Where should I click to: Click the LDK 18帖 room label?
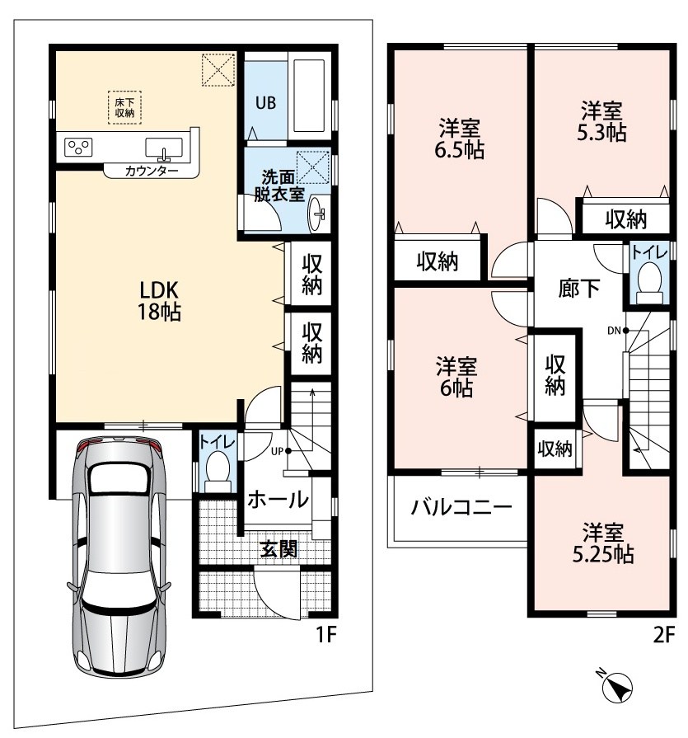(x=159, y=301)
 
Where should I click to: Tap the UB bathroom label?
(x=265, y=102)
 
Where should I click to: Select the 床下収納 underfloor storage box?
(x=124, y=107)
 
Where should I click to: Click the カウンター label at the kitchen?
(x=152, y=171)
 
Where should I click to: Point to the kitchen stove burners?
(x=78, y=148)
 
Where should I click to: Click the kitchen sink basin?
(x=164, y=148)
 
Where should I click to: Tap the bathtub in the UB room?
(x=309, y=96)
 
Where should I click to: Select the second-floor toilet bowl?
(x=650, y=281)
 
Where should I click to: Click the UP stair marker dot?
(x=288, y=451)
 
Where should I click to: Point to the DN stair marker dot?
(x=626, y=331)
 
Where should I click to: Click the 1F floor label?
(x=326, y=635)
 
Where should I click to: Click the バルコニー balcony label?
(x=461, y=507)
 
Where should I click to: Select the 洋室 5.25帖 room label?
(x=603, y=543)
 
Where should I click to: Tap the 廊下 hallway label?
(x=579, y=288)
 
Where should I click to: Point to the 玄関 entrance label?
(x=278, y=548)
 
